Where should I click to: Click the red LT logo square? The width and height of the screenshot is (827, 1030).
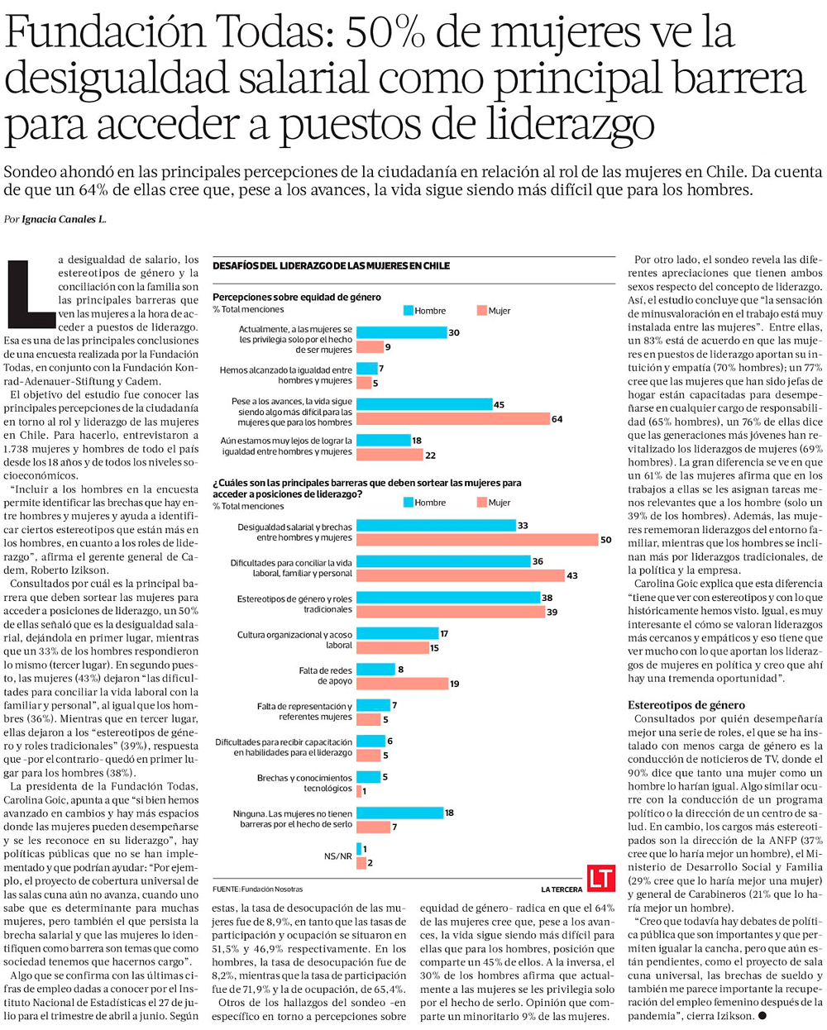pyautogui.click(x=601, y=878)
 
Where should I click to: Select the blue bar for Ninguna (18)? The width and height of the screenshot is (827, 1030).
pyautogui.click(x=399, y=813)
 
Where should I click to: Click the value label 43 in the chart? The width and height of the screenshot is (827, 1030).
pyautogui.click(x=572, y=575)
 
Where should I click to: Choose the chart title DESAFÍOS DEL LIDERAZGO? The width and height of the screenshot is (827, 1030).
pyautogui.click(x=331, y=266)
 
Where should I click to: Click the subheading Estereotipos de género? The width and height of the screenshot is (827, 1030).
pyautogui.click(x=686, y=705)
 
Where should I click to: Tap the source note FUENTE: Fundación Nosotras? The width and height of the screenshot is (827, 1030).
pyautogui.click(x=257, y=889)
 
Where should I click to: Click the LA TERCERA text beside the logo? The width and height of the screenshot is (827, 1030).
pyautogui.click(x=562, y=889)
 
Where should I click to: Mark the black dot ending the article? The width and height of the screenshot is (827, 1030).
pyautogui.click(x=762, y=1015)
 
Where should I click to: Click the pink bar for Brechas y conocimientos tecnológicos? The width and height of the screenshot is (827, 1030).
pyautogui.click(x=359, y=791)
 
